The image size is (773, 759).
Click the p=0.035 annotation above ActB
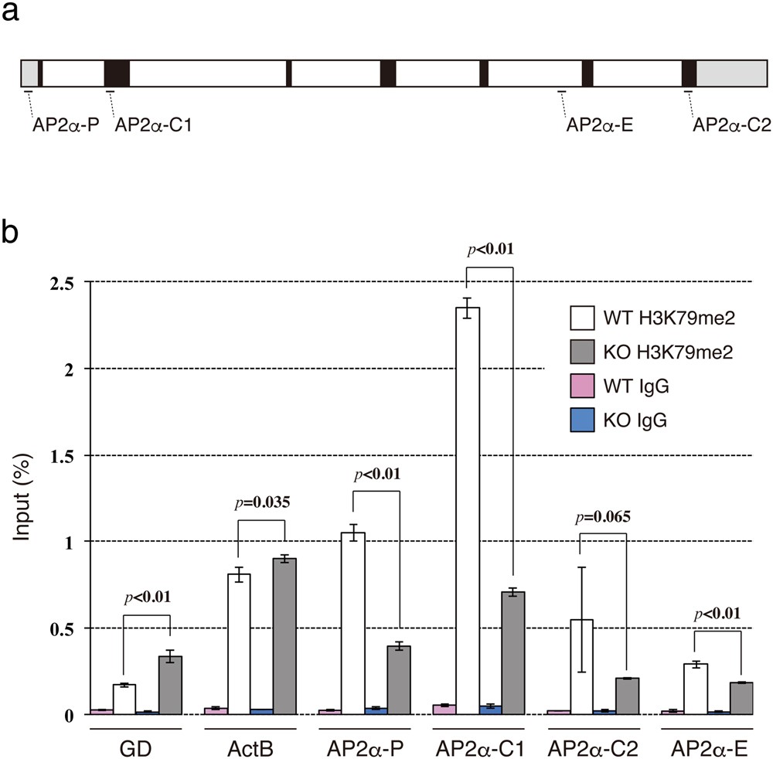[x=261, y=503]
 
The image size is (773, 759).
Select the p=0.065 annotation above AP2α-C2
[x=603, y=517]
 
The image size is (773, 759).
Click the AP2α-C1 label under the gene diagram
[x=152, y=124]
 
